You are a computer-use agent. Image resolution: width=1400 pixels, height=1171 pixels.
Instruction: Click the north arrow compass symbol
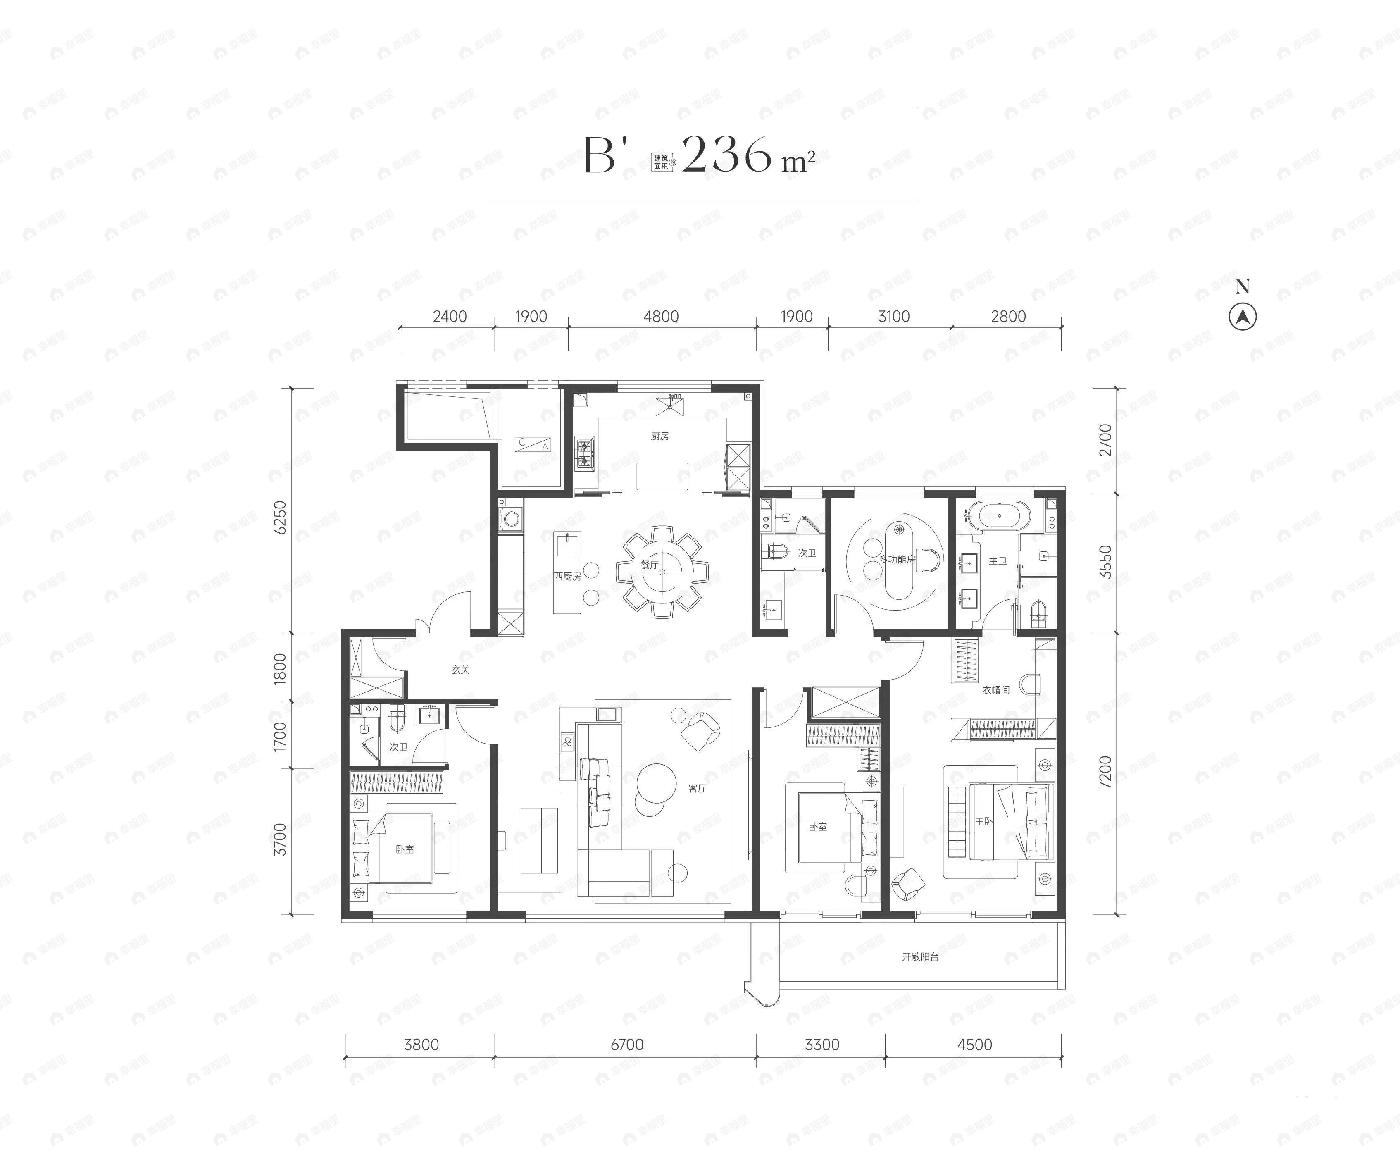pyautogui.click(x=1242, y=317)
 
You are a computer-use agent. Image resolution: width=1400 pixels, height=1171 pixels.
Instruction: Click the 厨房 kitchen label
pyautogui.click(x=660, y=436)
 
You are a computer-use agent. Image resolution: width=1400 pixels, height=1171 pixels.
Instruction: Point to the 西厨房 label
pyautogui.click(x=567, y=576)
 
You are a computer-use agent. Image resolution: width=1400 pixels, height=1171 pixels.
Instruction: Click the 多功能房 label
pyautogui.click(x=897, y=560)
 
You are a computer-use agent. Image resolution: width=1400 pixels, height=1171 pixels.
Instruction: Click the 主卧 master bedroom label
pyautogui.click(x=983, y=821)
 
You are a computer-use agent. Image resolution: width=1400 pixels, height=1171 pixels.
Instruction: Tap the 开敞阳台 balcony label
pyautogui.click(x=920, y=956)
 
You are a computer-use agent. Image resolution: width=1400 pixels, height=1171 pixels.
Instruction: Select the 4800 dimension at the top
pyautogui.click(x=661, y=317)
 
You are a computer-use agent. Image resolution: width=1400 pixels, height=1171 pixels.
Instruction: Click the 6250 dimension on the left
pyautogui.click(x=281, y=517)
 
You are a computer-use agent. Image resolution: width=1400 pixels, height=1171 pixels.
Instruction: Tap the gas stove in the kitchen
pyautogui.click(x=585, y=453)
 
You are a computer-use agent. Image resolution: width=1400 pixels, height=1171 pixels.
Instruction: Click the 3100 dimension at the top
pyautogui.click(x=893, y=317)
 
